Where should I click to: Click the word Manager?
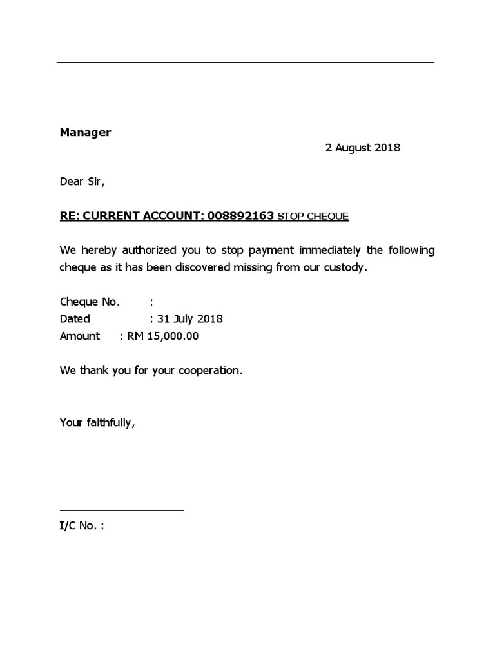[x=85, y=132]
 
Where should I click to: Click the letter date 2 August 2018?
[x=362, y=148]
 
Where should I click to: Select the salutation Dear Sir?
[x=82, y=182]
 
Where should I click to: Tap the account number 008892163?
[x=241, y=216]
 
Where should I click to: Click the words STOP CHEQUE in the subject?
[x=313, y=217]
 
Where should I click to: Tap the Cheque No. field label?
[x=89, y=301]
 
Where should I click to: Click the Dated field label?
[x=75, y=318]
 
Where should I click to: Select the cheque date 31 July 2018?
[x=189, y=318]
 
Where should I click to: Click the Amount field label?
[x=80, y=336]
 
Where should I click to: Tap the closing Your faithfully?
[x=97, y=423]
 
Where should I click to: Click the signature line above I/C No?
[x=122, y=510]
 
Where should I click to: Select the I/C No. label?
[x=81, y=526]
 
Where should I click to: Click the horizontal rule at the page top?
[x=245, y=63]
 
